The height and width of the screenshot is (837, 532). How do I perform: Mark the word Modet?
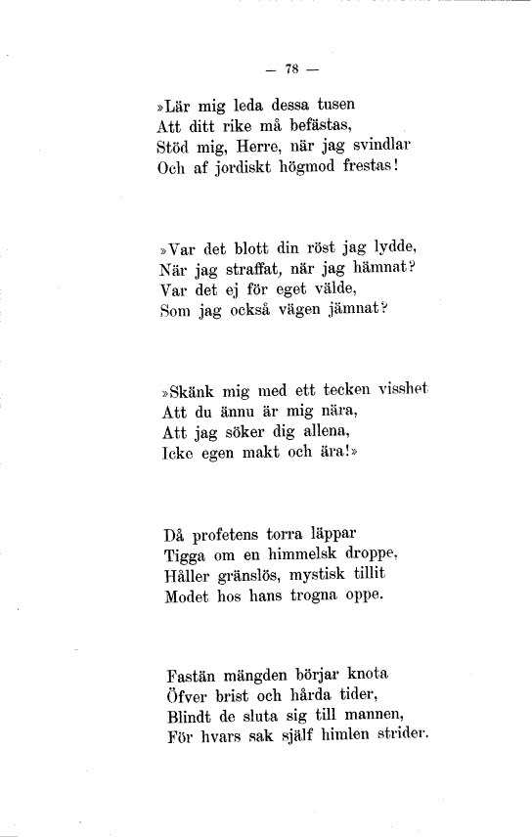point(189,599)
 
